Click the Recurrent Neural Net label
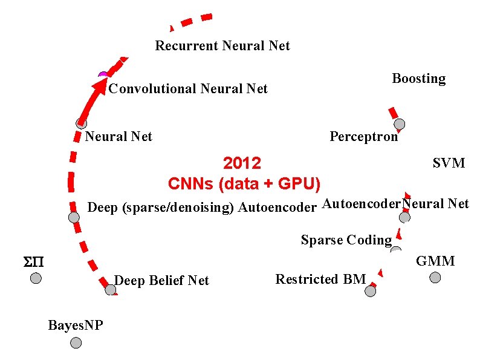pyautogui.click(x=222, y=46)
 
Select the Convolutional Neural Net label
pyautogui.click(x=188, y=89)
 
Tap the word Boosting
pyautogui.click(x=418, y=79)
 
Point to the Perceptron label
pyautogui.click(x=363, y=137)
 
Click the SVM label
pyautogui.click(x=449, y=163)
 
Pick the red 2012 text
pyautogui.click(x=242, y=163)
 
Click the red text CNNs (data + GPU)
pyautogui.click(x=244, y=183)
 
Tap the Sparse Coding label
pyautogui.click(x=346, y=240)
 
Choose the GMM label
pyautogui.click(x=435, y=261)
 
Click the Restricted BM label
pyautogui.click(x=320, y=280)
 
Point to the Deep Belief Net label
pyautogui.click(x=161, y=281)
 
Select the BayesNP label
pyautogui.click(x=76, y=326)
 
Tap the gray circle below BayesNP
pyautogui.click(x=76, y=343)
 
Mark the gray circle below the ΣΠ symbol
pyautogui.click(x=36, y=278)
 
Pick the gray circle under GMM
pyautogui.click(x=435, y=278)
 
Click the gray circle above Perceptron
pyautogui.click(x=400, y=125)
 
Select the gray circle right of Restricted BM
pyautogui.click(x=371, y=291)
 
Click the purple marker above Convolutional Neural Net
pyautogui.click(x=103, y=75)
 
